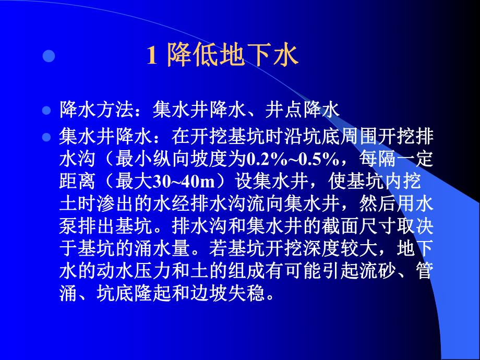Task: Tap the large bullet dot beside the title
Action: click(x=49, y=56)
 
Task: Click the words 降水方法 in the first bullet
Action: click(x=98, y=110)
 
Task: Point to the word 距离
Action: click(x=79, y=181)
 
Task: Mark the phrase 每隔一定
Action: click(x=397, y=158)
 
